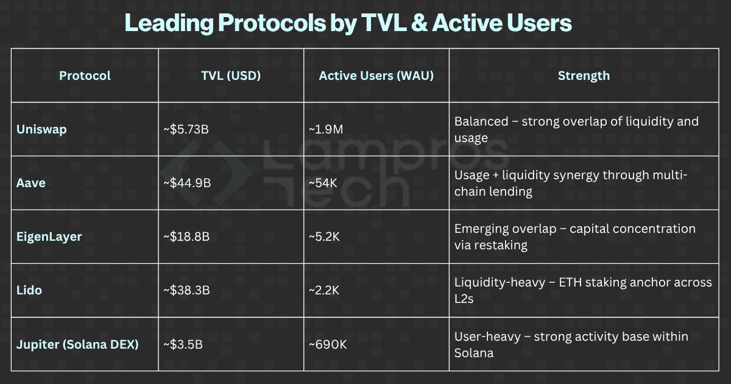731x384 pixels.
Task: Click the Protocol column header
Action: pyautogui.click(x=85, y=76)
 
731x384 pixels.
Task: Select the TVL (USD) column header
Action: pyautogui.click(x=231, y=76)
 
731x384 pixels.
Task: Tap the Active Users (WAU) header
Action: pyautogui.click(x=376, y=76)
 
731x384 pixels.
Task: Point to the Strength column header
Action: pyautogui.click(x=583, y=76)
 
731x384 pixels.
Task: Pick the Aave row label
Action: pyautogui.click(x=30, y=183)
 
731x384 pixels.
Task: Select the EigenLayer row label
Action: pyautogui.click(x=49, y=236)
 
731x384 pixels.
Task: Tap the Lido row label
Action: pyautogui.click(x=29, y=290)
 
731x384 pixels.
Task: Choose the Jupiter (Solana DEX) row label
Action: pyautogui.click(x=77, y=344)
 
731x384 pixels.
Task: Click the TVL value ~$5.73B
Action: pyautogui.click(x=188, y=129)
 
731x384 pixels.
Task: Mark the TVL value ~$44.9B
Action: pyautogui.click(x=188, y=183)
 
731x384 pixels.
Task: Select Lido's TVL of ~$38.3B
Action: pyautogui.click(x=187, y=290)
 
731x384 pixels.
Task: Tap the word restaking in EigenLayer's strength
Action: pyautogui.click(x=501, y=245)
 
